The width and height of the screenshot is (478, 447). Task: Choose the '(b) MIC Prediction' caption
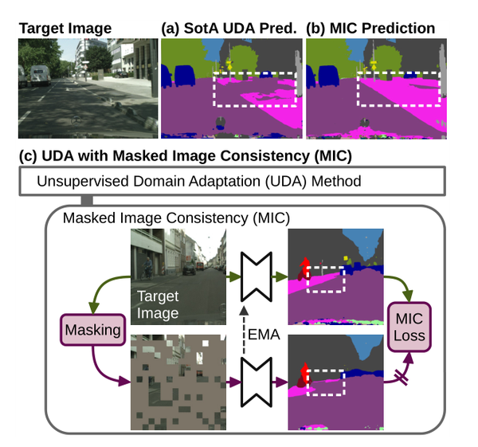(x=370, y=29)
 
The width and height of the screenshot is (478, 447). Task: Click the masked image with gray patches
(x=178, y=383)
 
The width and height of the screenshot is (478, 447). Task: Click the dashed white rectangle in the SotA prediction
(x=254, y=93)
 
